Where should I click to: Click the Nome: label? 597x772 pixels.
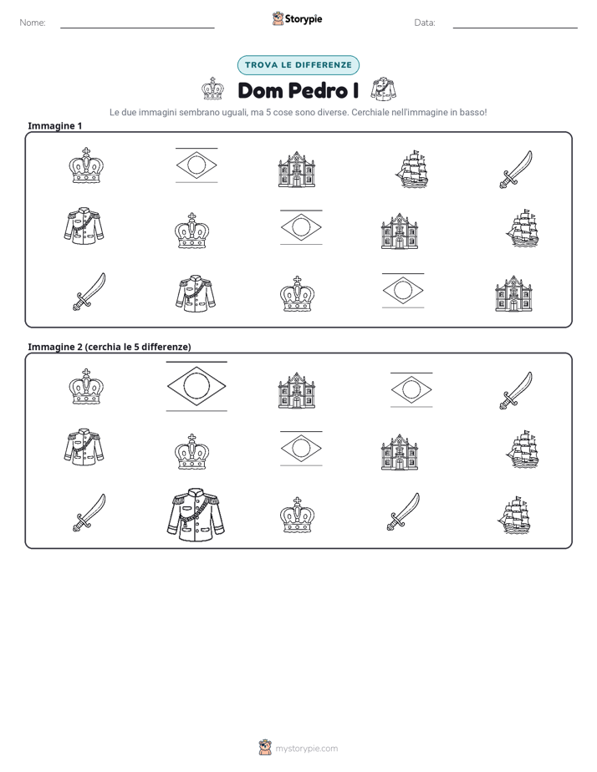pos(33,23)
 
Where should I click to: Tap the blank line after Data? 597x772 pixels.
pos(515,28)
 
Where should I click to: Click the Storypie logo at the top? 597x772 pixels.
pos(297,18)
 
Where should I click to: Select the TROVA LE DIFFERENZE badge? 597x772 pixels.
pos(298,65)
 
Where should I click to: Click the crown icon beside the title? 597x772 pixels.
pos(212,89)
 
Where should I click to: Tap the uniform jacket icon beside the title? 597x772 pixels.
pos(383,89)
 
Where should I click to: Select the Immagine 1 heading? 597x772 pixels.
pos(54,125)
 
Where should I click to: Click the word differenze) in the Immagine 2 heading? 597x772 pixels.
pos(166,347)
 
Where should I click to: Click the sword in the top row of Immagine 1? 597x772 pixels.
pos(516,170)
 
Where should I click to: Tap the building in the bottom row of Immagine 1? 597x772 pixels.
pos(513,293)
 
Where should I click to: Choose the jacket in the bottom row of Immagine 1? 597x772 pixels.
pos(196,293)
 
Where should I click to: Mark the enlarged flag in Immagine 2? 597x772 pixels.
pos(196,386)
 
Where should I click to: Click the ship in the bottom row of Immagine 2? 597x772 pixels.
pos(514,515)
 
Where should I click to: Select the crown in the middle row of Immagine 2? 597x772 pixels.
pos(191,451)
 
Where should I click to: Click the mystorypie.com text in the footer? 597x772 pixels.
pos(306,749)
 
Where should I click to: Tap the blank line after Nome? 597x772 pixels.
pos(137,28)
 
